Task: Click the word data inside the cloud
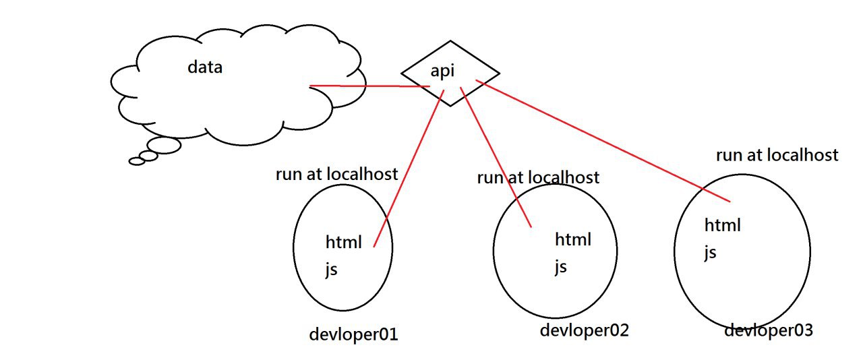coord(205,67)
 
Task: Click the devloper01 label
coord(353,334)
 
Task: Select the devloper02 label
coord(584,330)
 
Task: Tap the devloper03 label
coord(769,330)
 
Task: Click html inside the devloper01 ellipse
coord(344,241)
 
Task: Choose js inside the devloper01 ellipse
coord(331,270)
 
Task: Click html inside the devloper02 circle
coord(573,239)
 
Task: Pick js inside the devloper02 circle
coord(560,266)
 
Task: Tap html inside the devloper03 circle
coord(723,224)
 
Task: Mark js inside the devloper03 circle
coord(710,253)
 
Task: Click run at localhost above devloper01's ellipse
coord(336,173)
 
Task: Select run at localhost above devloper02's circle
coord(538,177)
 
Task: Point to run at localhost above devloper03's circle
coord(777,155)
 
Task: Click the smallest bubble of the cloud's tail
coord(137,161)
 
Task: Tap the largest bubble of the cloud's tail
coord(164,145)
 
